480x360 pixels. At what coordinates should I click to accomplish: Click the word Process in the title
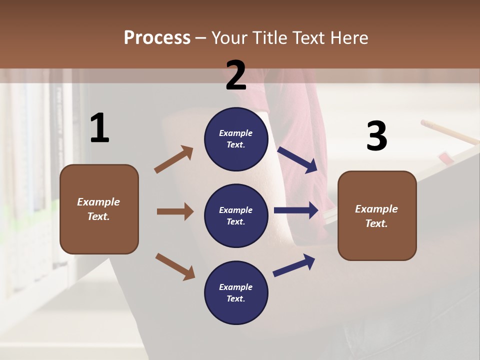point(157,37)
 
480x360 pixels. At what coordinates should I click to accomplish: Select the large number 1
point(99,128)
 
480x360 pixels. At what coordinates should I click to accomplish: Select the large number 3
point(376,136)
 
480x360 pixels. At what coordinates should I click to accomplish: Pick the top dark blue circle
point(236,139)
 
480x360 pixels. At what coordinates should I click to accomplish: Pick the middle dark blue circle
point(236,215)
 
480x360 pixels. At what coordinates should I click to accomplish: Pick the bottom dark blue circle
point(236,292)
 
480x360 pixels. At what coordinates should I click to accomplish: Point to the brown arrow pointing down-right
point(175,266)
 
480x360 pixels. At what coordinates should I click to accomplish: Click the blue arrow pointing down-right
point(297,159)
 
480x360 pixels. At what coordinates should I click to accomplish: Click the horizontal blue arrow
point(296,210)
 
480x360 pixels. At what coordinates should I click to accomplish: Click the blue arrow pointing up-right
point(294,265)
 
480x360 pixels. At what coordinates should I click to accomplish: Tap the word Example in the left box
point(98,202)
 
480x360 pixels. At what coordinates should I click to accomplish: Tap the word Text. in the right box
point(376,223)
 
